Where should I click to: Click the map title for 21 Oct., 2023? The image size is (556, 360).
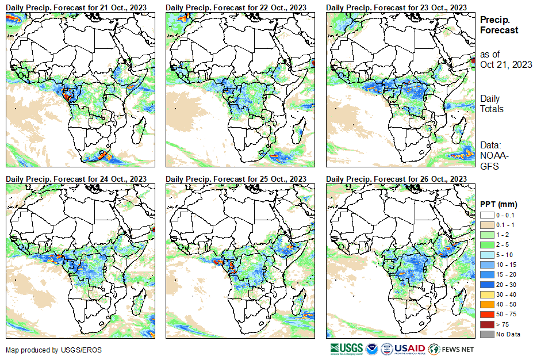coord(76,6)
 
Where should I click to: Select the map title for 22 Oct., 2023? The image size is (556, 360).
coord(236,6)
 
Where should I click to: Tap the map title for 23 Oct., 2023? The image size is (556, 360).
coord(396,6)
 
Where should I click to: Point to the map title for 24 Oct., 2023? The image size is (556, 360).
coord(76,179)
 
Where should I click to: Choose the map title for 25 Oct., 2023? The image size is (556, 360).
coord(236,179)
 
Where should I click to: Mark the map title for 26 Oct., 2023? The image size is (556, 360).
coord(396,179)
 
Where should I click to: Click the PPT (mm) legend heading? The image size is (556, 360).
coord(499,204)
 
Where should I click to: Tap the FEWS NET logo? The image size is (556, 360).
coord(451,349)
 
